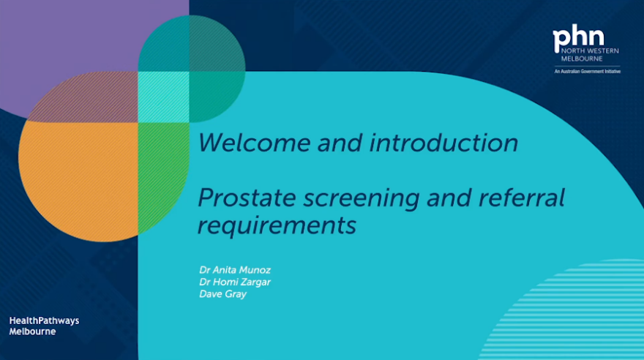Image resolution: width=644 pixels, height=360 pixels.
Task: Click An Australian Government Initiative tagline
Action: (586, 71)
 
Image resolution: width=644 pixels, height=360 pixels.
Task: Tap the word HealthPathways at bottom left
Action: (44, 320)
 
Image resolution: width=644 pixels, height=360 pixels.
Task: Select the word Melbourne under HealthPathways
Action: (32, 331)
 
